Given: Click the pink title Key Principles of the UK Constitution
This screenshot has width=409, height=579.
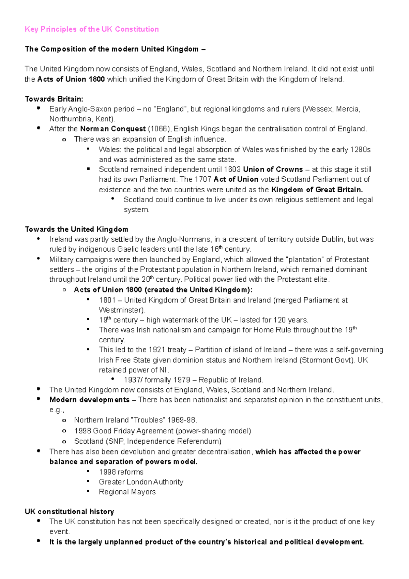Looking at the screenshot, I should tap(92, 29).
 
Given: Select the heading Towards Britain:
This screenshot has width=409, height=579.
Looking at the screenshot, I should tap(54, 99).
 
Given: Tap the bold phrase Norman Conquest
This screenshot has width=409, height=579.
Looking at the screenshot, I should tap(113, 129).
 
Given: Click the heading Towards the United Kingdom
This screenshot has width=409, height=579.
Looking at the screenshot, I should tap(76, 229).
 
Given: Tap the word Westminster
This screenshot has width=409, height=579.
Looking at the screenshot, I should tap(121, 310).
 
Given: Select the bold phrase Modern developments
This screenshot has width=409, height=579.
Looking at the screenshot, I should tap(89, 400).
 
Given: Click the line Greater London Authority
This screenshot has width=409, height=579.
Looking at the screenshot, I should tap(141, 482).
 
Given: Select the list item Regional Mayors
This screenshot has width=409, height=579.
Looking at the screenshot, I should tap(127, 492).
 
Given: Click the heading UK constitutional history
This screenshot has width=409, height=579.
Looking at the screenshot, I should tap(70, 512).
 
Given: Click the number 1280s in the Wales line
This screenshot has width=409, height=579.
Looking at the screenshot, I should tap(360, 150).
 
